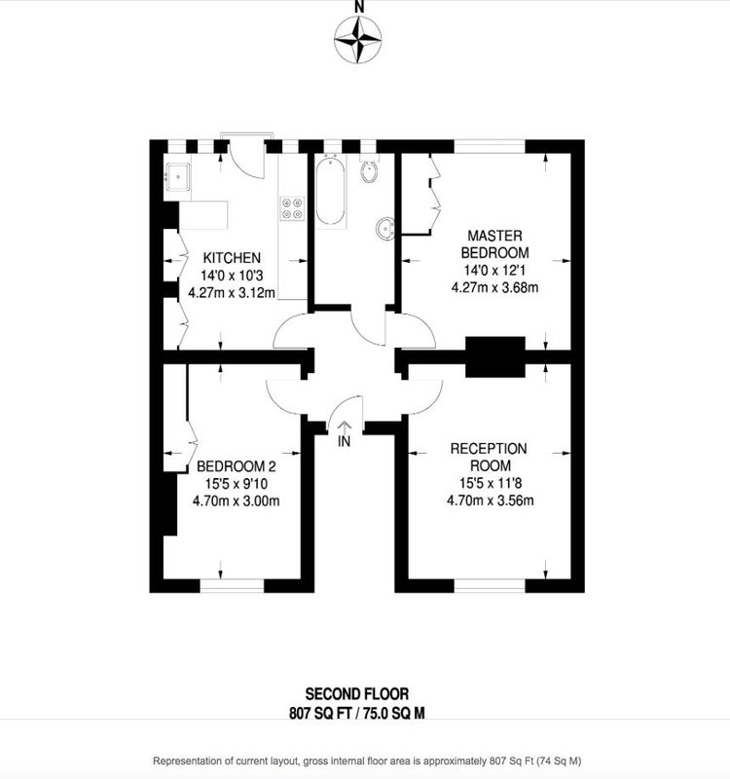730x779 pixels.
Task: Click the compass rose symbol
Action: (x=357, y=39)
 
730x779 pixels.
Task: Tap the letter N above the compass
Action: (x=359, y=7)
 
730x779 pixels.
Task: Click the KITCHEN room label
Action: (x=232, y=258)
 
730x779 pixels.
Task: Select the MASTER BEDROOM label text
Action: (x=494, y=244)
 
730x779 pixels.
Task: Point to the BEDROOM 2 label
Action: (x=236, y=466)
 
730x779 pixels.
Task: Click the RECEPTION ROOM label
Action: (x=489, y=457)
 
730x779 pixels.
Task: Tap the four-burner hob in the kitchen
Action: (x=293, y=208)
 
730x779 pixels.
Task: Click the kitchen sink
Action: (x=177, y=177)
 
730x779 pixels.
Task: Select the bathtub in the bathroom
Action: (x=330, y=190)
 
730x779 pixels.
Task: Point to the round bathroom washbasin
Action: (x=385, y=229)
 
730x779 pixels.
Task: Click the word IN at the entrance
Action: (x=344, y=441)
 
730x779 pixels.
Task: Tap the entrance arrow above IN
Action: (x=345, y=427)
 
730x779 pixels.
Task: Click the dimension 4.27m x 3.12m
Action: (x=232, y=293)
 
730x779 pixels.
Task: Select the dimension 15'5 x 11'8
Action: (x=491, y=483)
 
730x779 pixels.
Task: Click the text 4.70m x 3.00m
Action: (x=236, y=501)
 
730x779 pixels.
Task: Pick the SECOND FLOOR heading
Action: (x=357, y=693)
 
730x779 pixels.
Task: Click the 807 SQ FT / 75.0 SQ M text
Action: (x=357, y=714)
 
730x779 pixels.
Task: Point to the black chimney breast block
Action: (x=495, y=356)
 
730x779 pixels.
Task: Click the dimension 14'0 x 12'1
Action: (x=494, y=271)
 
